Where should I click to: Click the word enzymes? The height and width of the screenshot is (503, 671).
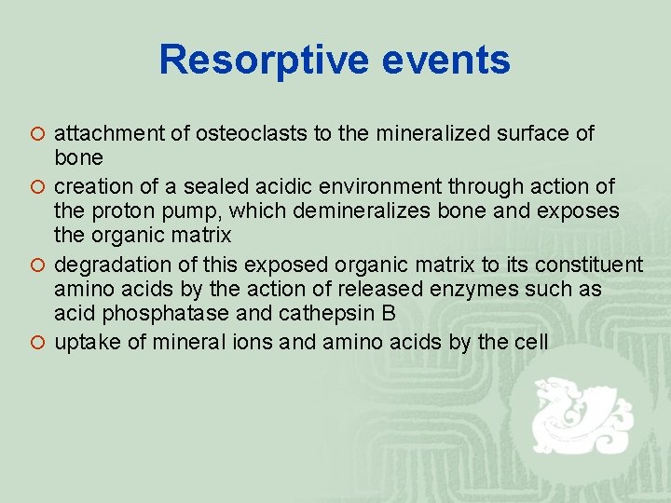point(503,290)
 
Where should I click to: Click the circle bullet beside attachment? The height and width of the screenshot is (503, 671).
point(37,133)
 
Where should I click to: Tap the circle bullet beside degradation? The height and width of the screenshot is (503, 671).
point(37,264)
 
